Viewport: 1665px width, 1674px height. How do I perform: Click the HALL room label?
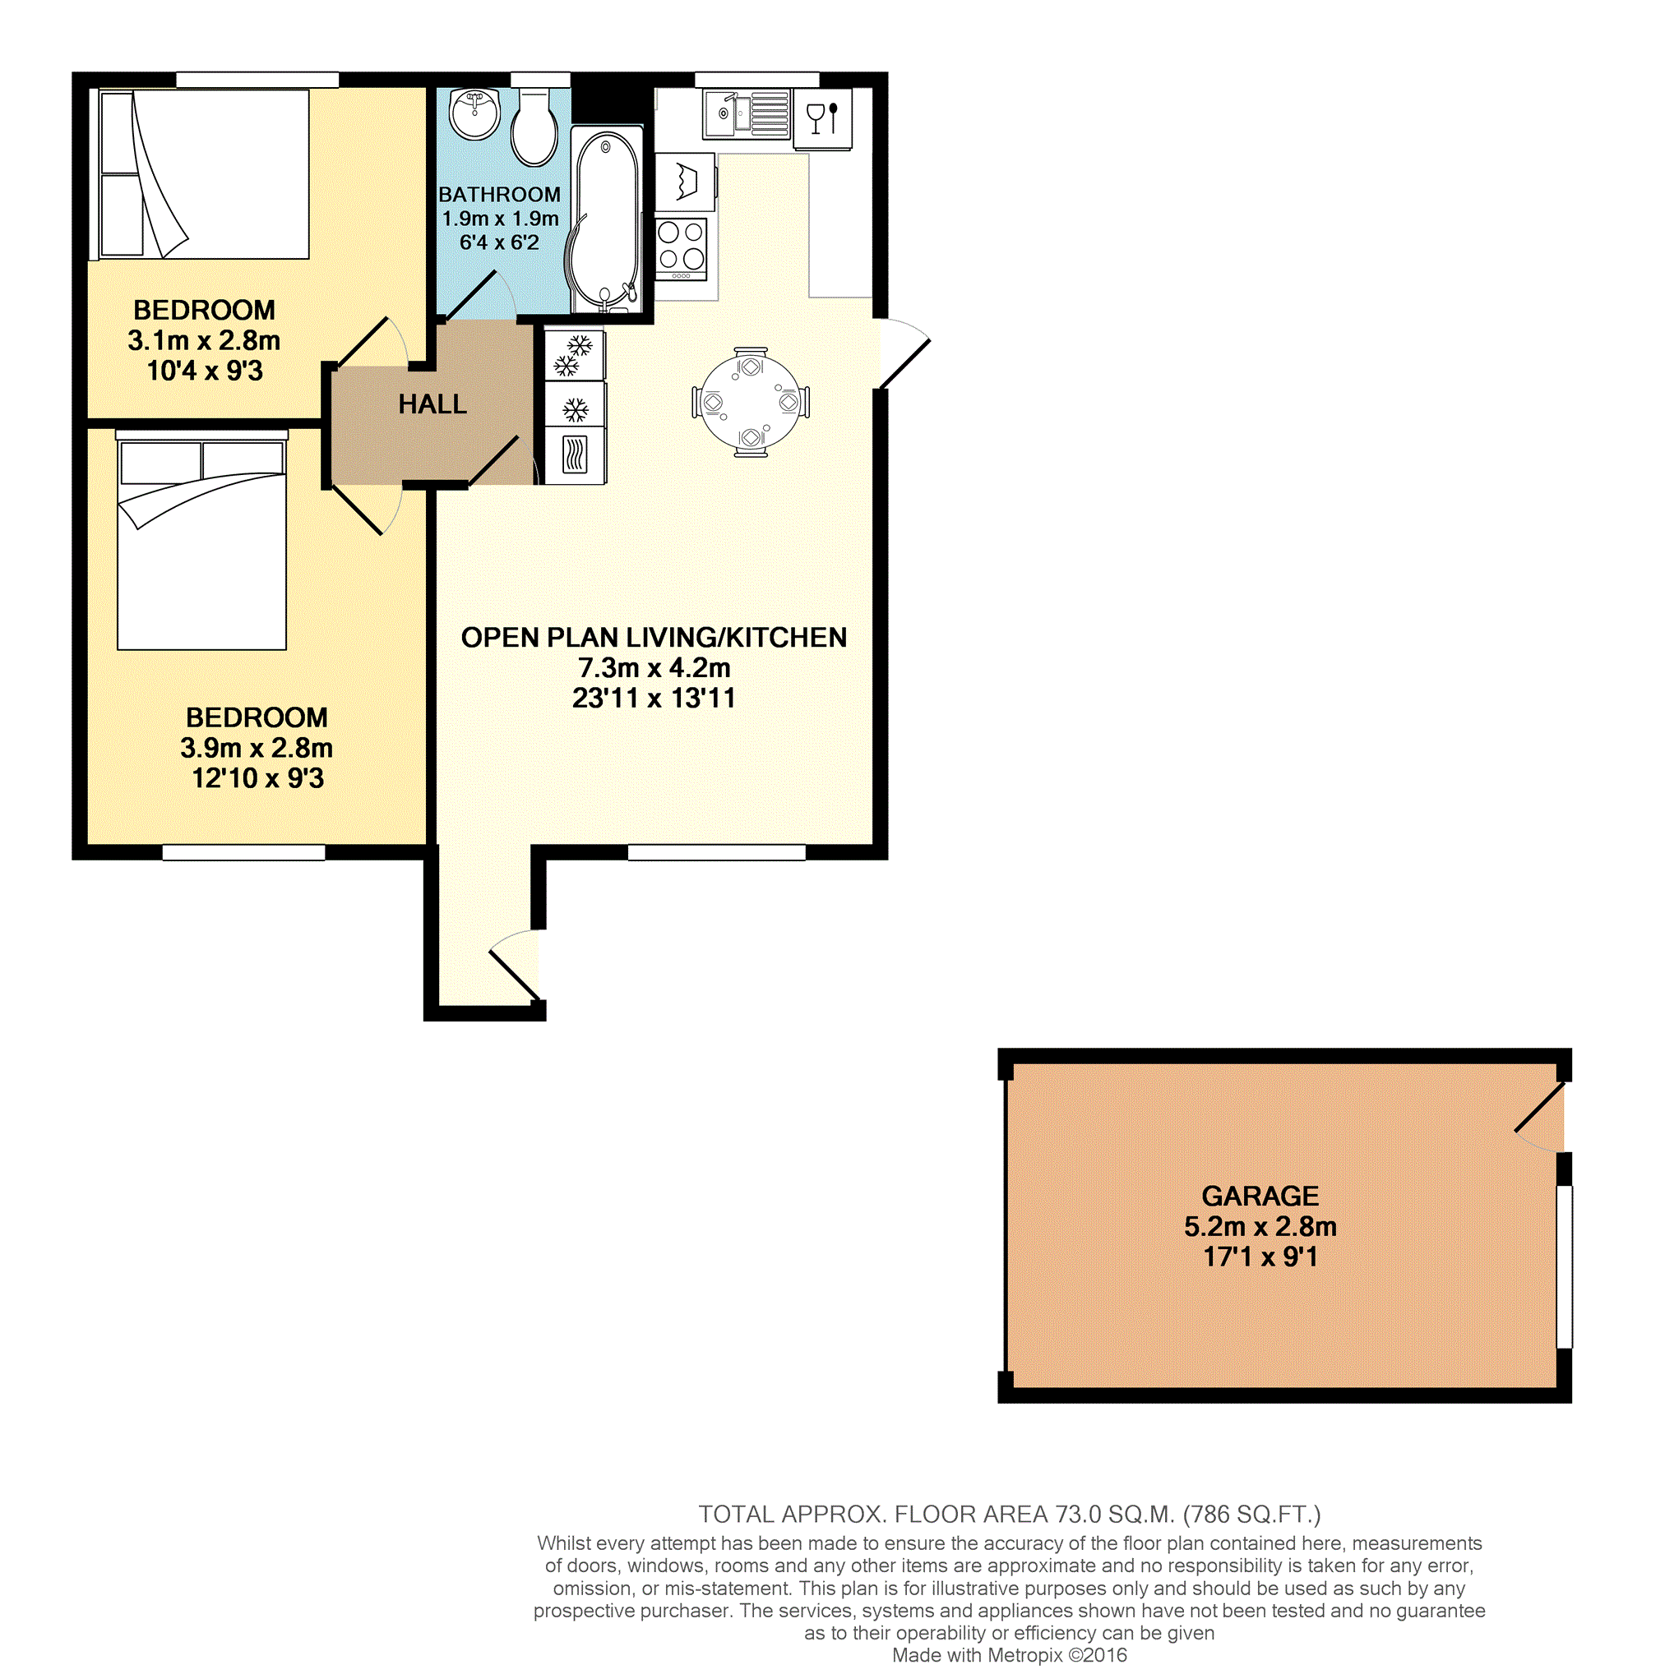432,404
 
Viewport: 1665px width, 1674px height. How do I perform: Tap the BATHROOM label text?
499,194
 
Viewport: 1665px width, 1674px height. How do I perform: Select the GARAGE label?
1260,1196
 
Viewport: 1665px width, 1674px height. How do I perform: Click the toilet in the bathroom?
534,127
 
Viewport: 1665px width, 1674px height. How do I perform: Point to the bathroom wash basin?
475,113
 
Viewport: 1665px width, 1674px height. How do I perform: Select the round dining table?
751,403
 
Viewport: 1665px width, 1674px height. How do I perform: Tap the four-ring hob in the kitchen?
682,249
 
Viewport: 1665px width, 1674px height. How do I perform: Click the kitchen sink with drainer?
747,113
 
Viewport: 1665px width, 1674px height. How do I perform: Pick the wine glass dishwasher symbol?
822,118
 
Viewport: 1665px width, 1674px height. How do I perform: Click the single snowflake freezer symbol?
575,408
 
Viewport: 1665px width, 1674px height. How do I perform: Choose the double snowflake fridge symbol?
573,356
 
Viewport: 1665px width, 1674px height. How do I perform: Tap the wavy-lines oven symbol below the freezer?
575,454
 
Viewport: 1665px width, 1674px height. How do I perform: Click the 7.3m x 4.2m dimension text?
654,668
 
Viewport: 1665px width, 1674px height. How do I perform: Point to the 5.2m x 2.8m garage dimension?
1260,1226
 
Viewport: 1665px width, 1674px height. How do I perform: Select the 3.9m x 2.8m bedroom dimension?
257,748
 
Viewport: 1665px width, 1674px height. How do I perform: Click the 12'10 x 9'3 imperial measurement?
257,778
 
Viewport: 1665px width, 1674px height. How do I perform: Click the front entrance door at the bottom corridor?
515,966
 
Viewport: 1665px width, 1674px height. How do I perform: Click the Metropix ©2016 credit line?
1009,1655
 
